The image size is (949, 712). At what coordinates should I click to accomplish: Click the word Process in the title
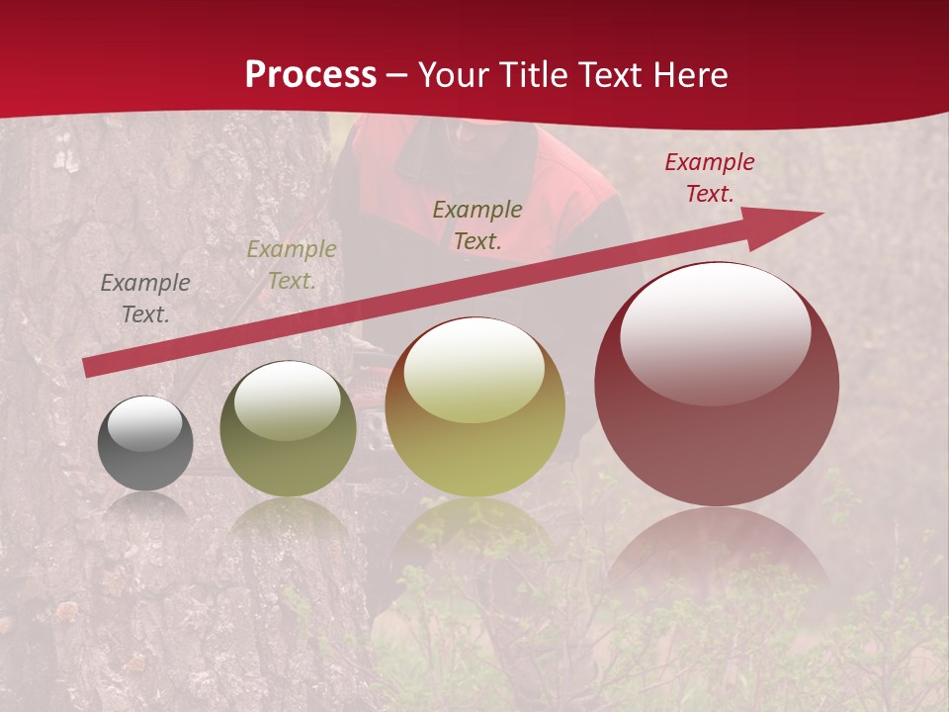(x=310, y=75)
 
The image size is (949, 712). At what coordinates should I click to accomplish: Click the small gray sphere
(x=145, y=443)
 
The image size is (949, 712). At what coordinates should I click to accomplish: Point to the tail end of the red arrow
(x=89, y=368)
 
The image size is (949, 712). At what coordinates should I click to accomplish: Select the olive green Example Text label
(x=292, y=265)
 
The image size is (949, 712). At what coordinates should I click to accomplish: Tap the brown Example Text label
(x=477, y=224)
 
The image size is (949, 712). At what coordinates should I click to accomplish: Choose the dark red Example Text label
(x=710, y=178)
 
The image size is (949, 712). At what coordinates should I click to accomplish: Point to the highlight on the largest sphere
(x=716, y=331)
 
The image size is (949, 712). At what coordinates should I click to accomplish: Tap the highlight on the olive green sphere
(x=288, y=398)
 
